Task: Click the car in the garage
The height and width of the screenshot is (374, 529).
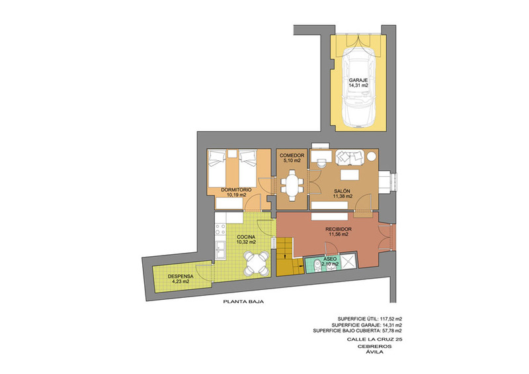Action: pyautogui.click(x=358, y=88)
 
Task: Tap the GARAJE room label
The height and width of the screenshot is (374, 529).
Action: pyautogui.click(x=358, y=80)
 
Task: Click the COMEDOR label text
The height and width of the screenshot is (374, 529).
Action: pyautogui.click(x=292, y=156)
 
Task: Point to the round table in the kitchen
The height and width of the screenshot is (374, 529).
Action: pyautogui.click(x=257, y=263)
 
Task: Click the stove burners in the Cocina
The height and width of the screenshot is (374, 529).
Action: pyautogui.click(x=220, y=229)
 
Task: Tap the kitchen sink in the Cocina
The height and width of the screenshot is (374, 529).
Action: pyautogui.click(x=220, y=250)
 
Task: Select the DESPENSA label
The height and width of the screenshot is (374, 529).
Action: pyautogui.click(x=181, y=276)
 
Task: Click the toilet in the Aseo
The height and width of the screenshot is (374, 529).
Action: pyautogui.click(x=317, y=265)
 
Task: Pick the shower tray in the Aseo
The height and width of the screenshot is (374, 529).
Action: pyautogui.click(x=348, y=261)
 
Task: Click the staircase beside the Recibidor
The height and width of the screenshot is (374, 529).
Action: pyautogui.click(x=289, y=256)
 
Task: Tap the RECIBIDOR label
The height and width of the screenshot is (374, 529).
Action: pyautogui.click(x=339, y=229)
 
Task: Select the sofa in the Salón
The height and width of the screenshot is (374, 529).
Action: pyautogui.click(x=350, y=158)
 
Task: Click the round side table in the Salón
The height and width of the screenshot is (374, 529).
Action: pyautogui.click(x=371, y=156)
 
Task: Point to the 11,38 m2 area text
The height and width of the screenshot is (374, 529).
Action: pyautogui.click(x=343, y=196)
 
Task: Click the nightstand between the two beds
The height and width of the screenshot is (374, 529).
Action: pyautogui.click(x=232, y=154)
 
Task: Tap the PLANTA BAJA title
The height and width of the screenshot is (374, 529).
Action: pyautogui.click(x=243, y=302)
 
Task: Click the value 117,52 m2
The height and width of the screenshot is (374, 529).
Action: pyautogui.click(x=391, y=318)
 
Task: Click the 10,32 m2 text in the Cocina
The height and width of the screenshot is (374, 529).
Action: pyautogui.click(x=246, y=242)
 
